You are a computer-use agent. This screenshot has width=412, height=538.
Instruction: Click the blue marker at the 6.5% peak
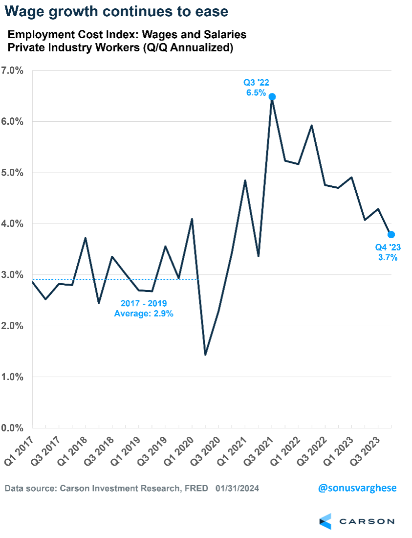click(272, 96)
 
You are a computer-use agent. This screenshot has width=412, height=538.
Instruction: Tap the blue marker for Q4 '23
click(391, 234)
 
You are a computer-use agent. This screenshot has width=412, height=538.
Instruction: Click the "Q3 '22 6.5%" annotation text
click(257, 87)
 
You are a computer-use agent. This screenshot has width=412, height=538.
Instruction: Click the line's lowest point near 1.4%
click(205, 355)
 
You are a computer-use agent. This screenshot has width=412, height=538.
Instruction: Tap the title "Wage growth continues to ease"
click(117, 11)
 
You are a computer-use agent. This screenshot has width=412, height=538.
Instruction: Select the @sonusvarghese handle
click(358, 488)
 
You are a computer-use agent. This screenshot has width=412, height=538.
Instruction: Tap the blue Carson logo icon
click(325, 521)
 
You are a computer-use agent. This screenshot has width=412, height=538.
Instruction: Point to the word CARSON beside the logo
click(367, 521)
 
